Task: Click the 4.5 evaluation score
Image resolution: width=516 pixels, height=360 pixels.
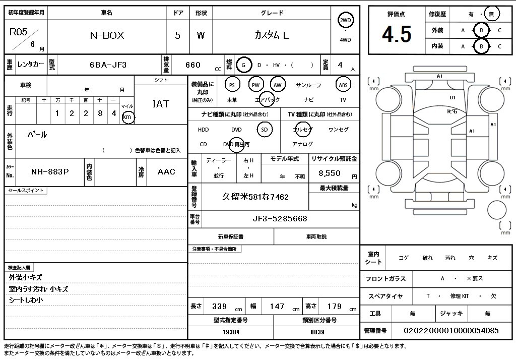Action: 397,34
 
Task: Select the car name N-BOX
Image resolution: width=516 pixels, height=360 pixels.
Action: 107,35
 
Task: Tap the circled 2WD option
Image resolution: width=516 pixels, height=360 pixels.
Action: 345,21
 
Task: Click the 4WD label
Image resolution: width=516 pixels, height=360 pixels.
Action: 345,40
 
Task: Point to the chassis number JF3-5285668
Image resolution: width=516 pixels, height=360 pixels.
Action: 280,219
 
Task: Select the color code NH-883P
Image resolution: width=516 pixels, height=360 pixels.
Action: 50,171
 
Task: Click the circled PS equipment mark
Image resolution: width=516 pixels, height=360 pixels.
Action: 232,85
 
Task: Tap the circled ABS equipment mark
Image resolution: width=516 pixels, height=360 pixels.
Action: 343,85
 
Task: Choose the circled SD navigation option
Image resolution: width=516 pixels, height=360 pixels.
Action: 265,130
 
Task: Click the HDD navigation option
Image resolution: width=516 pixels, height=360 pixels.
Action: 204,130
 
